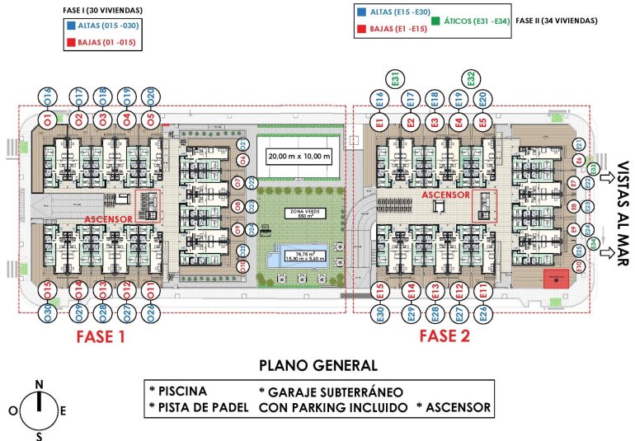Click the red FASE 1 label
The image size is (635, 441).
(x=100, y=336)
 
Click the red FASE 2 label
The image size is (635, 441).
(x=444, y=336)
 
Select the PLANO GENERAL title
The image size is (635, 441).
(x=318, y=365)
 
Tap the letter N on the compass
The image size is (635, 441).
(x=39, y=384)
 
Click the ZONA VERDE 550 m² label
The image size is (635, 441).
(x=305, y=213)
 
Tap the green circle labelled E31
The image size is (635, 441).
(x=396, y=79)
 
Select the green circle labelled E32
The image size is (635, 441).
(x=470, y=79)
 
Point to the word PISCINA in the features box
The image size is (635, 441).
(x=182, y=391)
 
